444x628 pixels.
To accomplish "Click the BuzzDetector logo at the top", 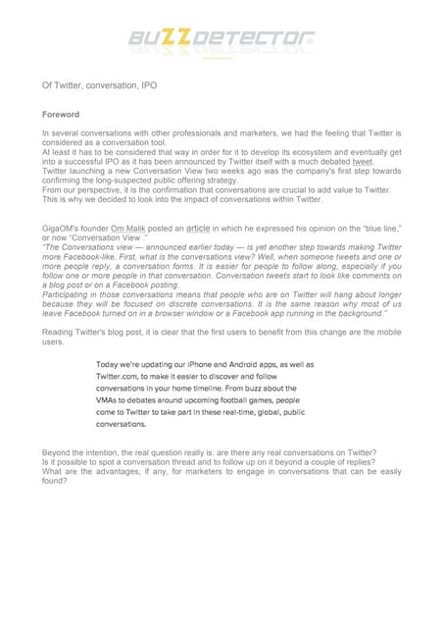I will pyautogui.click(x=222, y=40).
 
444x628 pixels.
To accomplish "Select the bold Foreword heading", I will pyautogui.click(x=61, y=115).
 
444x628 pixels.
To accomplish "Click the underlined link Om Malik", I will pyautogui.click(x=130, y=227).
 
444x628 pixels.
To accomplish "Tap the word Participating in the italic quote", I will pyautogui.click(x=72, y=292).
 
